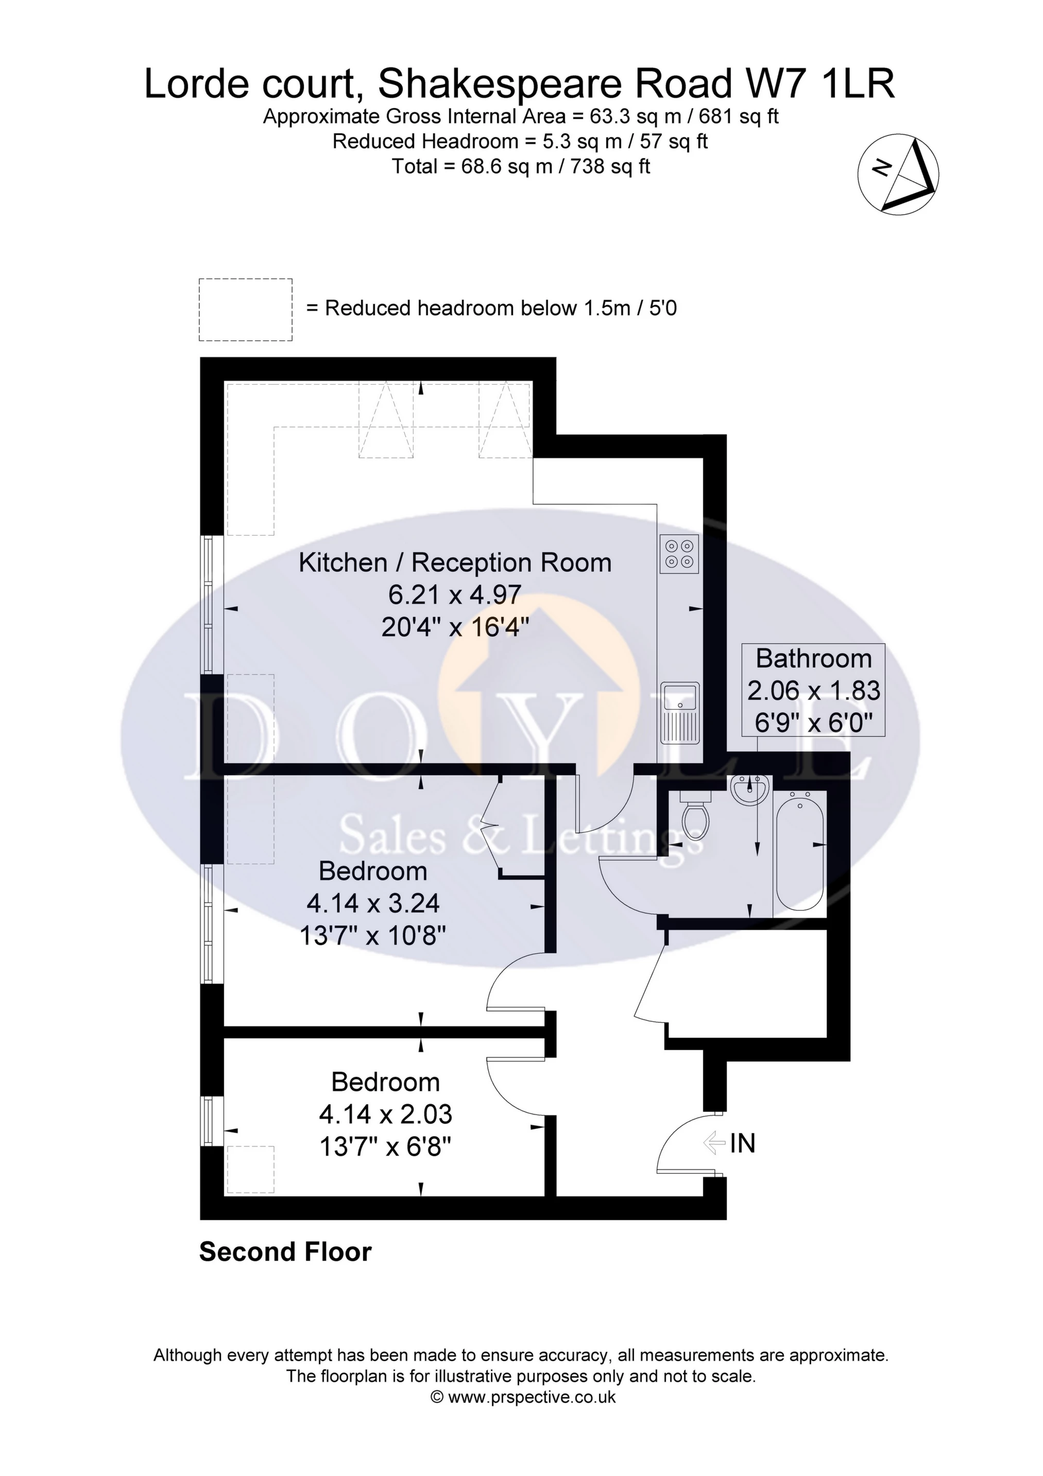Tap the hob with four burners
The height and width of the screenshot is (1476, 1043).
tap(678, 554)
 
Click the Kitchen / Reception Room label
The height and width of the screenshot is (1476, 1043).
tap(455, 562)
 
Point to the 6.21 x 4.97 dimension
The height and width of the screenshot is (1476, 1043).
tap(455, 595)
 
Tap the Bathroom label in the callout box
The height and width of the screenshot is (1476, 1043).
tap(813, 659)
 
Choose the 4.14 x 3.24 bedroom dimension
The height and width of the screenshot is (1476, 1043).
tap(373, 903)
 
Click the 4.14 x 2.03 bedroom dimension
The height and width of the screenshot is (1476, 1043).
tap(385, 1114)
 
